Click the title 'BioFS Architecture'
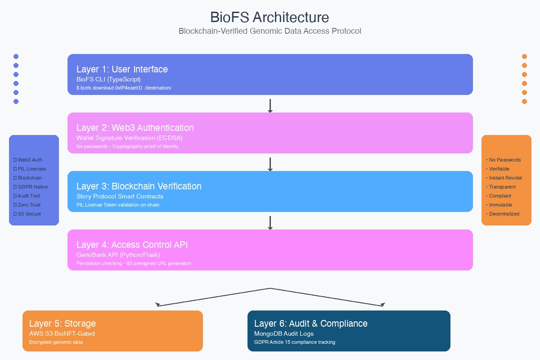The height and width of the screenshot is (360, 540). coord(270,18)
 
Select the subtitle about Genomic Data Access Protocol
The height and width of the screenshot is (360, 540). coord(270,31)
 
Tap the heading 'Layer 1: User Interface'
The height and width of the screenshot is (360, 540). coord(122,69)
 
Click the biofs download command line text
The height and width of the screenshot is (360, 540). coord(124,88)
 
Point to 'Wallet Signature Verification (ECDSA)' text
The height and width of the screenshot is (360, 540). coord(129,138)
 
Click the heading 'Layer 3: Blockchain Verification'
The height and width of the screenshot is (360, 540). coord(139,186)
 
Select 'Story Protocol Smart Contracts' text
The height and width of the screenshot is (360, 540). coord(120,196)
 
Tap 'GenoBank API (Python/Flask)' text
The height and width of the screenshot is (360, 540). coord(118,255)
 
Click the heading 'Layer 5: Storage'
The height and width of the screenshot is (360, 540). coord(62,324)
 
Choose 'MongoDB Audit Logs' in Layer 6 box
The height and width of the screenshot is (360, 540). coord(284,333)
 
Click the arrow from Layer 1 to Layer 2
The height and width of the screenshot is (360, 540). coord(270,105)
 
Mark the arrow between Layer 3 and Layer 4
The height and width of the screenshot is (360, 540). coord(270,223)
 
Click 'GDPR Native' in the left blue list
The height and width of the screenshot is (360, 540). coord(32,187)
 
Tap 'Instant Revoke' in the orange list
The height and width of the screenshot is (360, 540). coord(505,178)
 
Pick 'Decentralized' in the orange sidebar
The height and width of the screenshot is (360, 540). coord(504,214)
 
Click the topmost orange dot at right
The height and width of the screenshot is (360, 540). coord(524,57)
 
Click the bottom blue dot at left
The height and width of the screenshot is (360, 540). coord(16,101)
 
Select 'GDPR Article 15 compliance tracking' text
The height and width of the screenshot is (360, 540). coord(294,342)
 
